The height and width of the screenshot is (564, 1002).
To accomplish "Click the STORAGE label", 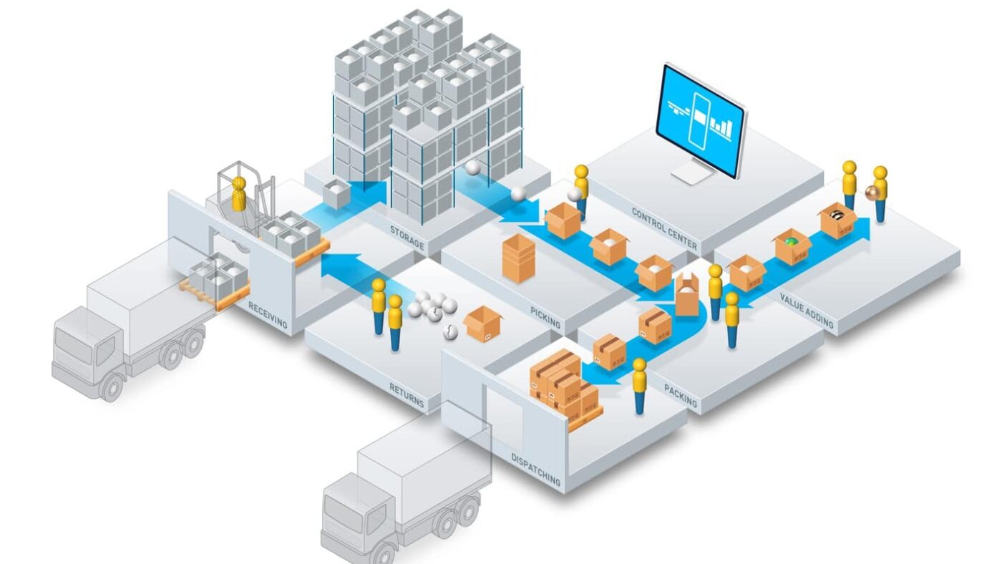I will tap(407, 239).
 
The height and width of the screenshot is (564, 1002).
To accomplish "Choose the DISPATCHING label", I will tap(535, 469).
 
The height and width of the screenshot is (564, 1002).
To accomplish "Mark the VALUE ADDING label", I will tap(807, 311).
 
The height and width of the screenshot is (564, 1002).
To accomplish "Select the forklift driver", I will tap(239, 193).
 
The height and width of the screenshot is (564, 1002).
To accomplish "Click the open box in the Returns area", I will tap(483, 325).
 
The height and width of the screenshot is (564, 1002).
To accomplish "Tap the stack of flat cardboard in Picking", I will tap(519, 258).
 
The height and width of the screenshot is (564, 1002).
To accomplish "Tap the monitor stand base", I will tap(692, 177).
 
